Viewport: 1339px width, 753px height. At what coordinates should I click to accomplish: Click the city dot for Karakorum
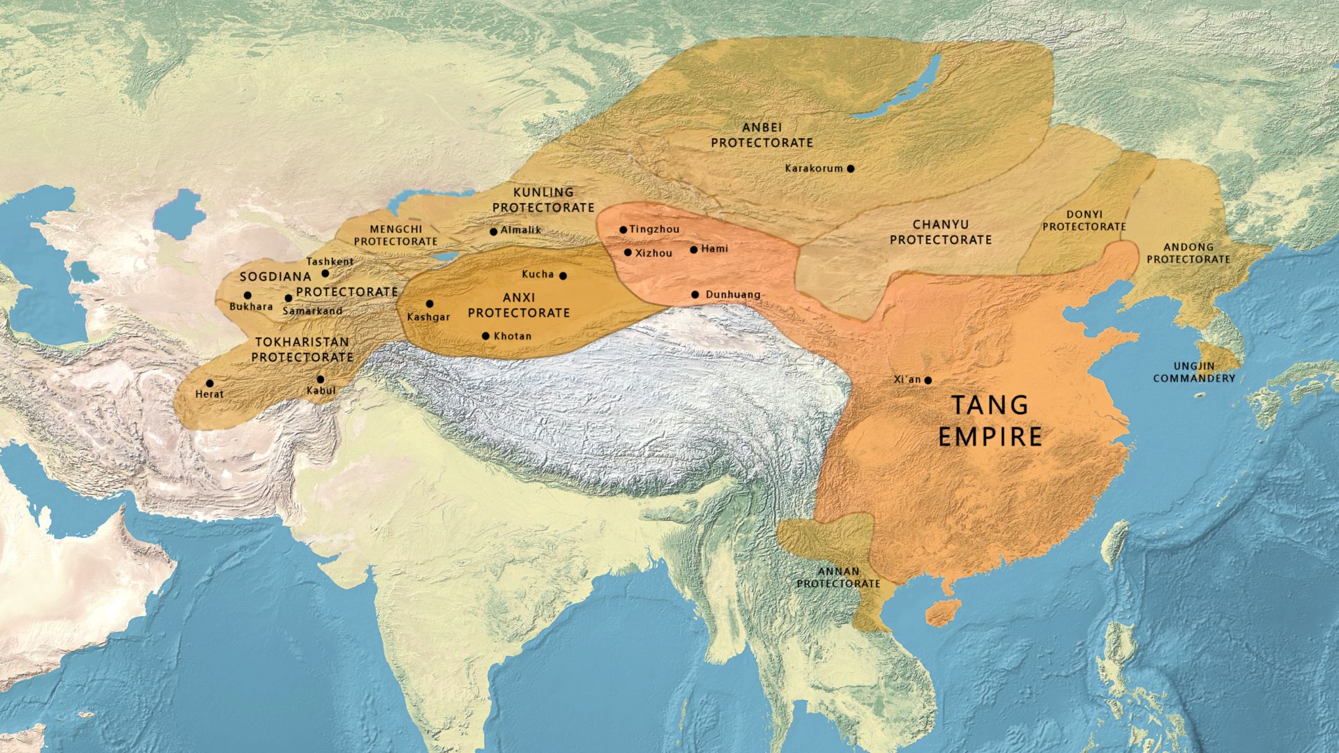(851, 168)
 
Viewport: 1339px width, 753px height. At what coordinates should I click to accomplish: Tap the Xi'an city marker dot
(928, 380)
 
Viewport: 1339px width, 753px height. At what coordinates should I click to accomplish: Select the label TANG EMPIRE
(990, 420)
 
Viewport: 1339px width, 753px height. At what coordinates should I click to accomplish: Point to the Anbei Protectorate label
(762, 135)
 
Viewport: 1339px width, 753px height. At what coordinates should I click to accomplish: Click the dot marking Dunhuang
(695, 295)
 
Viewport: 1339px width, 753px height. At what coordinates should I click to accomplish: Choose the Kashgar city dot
(430, 304)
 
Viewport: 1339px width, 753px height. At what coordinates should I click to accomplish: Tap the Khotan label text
(513, 336)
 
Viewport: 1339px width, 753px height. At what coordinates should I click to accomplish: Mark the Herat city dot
(209, 383)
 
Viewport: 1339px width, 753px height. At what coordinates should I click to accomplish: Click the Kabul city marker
(321, 379)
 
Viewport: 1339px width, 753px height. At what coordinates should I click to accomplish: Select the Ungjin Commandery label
(1194, 372)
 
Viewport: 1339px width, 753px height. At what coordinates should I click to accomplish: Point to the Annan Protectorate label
(838, 577)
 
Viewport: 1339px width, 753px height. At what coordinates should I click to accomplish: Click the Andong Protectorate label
(1188, 253)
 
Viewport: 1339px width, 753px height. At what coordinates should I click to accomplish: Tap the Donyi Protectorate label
(1084, 221)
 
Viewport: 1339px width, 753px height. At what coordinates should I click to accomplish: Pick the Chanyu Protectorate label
(940, 232)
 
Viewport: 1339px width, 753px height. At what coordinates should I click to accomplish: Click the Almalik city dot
(494, 231)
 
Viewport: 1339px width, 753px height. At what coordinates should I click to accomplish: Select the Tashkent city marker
(325, 273)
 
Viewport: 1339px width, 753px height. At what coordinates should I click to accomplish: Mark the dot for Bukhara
(248, 296)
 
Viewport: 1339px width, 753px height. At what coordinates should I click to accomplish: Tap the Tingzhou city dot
(623, 229)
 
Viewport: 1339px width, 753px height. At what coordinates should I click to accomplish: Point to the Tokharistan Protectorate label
(302, 349)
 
